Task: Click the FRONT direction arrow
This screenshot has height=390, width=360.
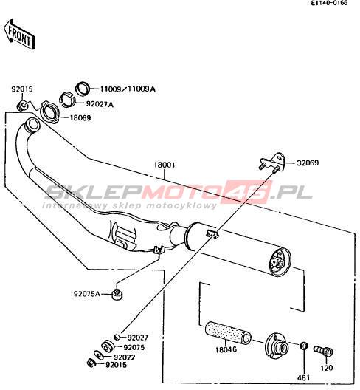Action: (x=19, y=34)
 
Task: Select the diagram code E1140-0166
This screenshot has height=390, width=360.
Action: (x=330, y=3)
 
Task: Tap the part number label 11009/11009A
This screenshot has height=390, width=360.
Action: (x=128, y=89)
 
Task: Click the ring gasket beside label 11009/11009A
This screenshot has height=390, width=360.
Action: (x=83, y=89)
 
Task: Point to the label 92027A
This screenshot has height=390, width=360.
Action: (x=100, y=104)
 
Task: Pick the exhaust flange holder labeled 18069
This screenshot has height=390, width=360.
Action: (x=49, y=112)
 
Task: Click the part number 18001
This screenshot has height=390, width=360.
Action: (x=165, y=165)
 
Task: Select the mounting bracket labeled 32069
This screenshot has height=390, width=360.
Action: (x=272, y=162)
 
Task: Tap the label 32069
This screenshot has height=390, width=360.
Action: (x=308, y=163)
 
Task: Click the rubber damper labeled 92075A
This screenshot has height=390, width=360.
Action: (x=117, y=294)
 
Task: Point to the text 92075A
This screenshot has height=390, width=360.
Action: (x=87, y=294)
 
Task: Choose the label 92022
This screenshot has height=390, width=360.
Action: (x=124, y=357)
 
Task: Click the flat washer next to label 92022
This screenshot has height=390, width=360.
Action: (x=99, y=355)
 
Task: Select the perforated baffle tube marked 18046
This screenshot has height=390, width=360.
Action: (x=228, y=332)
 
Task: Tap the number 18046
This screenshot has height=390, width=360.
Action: (x=226, y=349)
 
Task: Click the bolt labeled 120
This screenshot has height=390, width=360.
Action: (x=323, y=351)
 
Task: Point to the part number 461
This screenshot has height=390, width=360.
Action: (x=304, y=378)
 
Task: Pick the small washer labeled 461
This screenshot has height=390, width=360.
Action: (x=304, y=346)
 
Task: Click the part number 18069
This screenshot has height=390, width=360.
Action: (x=80, y=118)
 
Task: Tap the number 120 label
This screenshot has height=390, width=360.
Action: (x=327, y=368)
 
